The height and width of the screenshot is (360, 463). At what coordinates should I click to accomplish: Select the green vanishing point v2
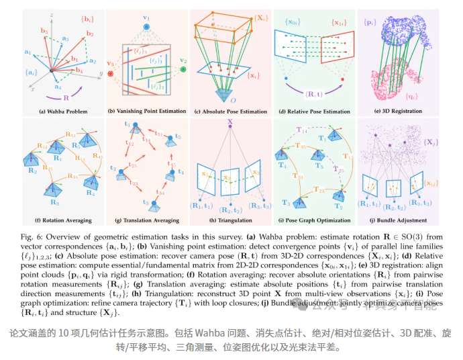coord(183,69)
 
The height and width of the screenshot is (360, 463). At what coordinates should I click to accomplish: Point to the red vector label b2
coord(90,33)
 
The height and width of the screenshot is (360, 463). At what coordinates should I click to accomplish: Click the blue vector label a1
coord(28,50)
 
